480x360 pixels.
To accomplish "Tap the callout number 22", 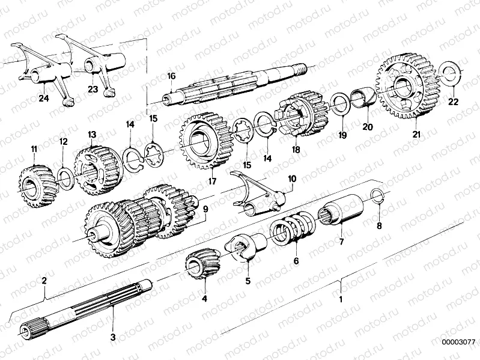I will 453,102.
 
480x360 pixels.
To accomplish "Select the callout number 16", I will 171,76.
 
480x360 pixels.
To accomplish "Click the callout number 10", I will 292,178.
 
